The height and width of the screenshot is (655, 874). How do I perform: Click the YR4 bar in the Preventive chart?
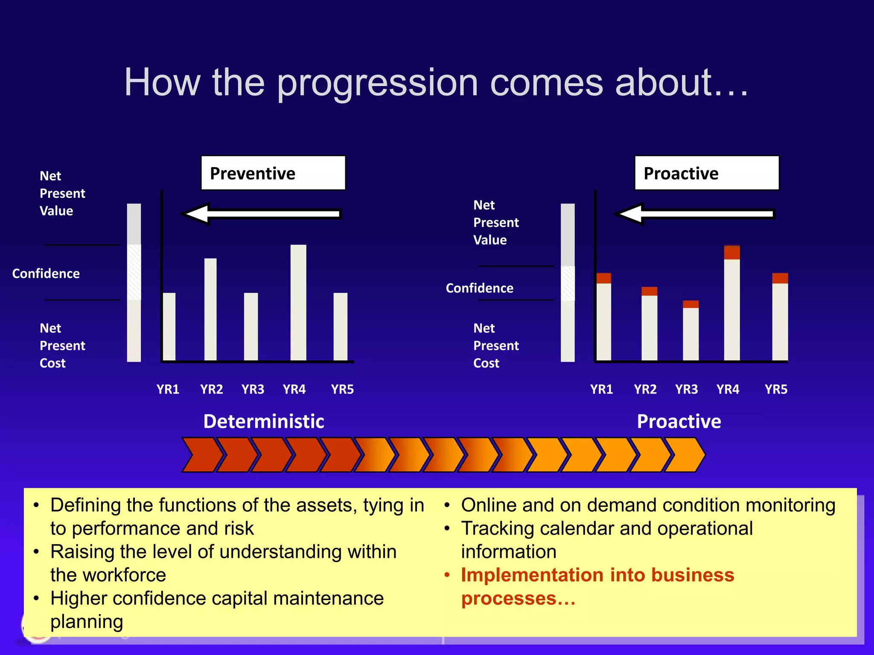[298, 303]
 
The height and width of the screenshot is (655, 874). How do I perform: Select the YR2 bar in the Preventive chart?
[210, 309]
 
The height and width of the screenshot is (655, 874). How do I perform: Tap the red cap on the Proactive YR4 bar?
[732, 252]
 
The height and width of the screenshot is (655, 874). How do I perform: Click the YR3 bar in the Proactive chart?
[690, 333]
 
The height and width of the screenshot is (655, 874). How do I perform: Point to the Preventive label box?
[273, 173]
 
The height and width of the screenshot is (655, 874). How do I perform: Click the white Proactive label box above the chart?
[706, 173]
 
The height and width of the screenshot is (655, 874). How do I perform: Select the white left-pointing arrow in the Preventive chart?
[261, 214]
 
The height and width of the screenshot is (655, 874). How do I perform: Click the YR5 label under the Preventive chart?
[342, 389]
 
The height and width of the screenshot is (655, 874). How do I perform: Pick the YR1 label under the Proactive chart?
[601, 389]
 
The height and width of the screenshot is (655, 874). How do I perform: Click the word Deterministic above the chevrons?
[264, 421]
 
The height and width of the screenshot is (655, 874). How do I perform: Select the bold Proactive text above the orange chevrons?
[679, 421]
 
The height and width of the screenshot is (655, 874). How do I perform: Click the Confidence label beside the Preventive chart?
[46, 273]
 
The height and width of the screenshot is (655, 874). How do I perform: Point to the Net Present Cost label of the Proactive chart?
[496, 345]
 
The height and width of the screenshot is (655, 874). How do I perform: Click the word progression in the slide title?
[378, 83]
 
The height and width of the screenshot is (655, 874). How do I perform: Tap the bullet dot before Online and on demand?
[447, 506]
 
